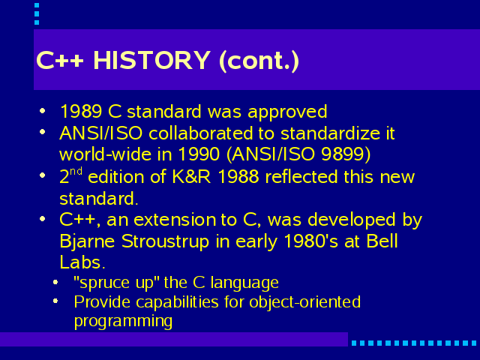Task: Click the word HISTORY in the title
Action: click(x=151, y=60)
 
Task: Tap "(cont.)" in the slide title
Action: click(x=259, y=61)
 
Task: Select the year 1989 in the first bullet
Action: click(x=81, y=111)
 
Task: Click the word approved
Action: click(x=287, y=112)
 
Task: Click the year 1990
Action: click(x=199, y=154)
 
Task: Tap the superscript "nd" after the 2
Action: click(x=76, y=171)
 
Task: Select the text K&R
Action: click(x=192, y=177)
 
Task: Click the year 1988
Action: click(x=238, y=177)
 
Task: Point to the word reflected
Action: click(x=301, y=177)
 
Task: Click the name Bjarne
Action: click(x=87, y=241)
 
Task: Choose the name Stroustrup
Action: click(x=165, y=242)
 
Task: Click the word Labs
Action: click(x=82, y=262)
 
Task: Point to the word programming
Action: click(x=123, y=322)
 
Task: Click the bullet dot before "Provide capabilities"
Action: click(x=55, y=301)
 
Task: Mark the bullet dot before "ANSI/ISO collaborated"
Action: click(x=43, y=132)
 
